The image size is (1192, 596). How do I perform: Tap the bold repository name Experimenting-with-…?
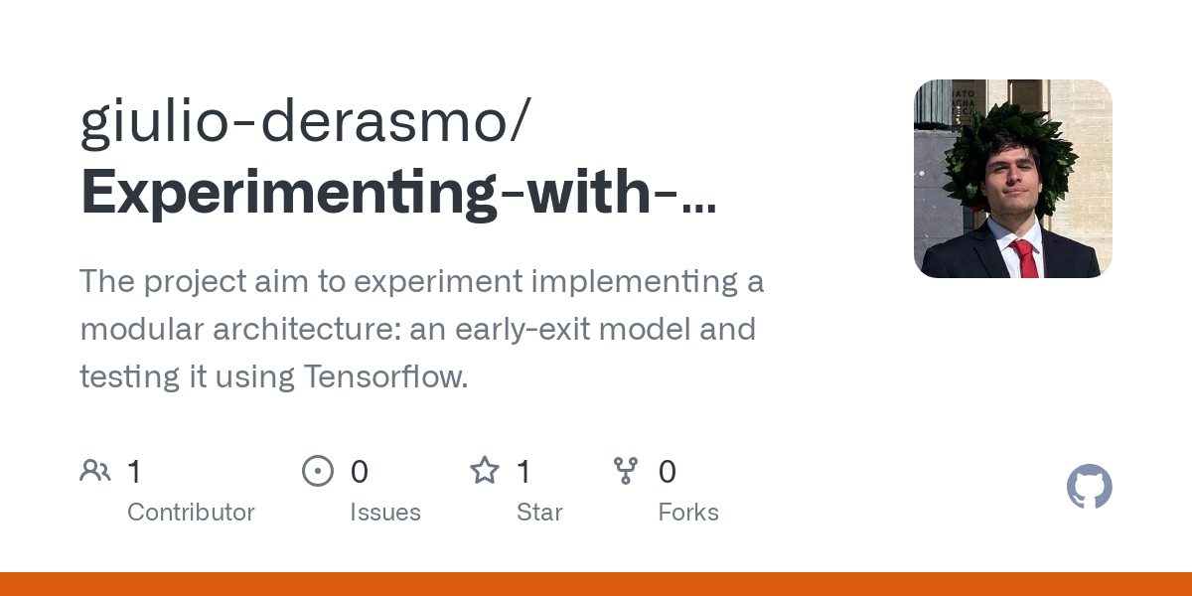coord(397,193)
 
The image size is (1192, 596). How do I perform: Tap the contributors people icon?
coord(95,471)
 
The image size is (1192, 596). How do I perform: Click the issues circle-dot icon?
coord(317,471)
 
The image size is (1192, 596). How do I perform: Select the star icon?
coord(484,471)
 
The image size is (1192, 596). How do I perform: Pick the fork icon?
coord(626,471)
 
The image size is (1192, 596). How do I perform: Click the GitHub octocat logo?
coord(1089,487)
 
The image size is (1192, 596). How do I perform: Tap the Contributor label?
coord(191,513)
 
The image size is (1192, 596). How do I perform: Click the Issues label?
coord(385,513)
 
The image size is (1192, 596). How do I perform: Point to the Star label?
coord(539,513)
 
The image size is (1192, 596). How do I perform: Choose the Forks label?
coord(688,513)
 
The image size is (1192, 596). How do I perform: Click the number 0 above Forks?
coord(668,472)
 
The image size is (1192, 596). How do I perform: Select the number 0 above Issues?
coord(360,472)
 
